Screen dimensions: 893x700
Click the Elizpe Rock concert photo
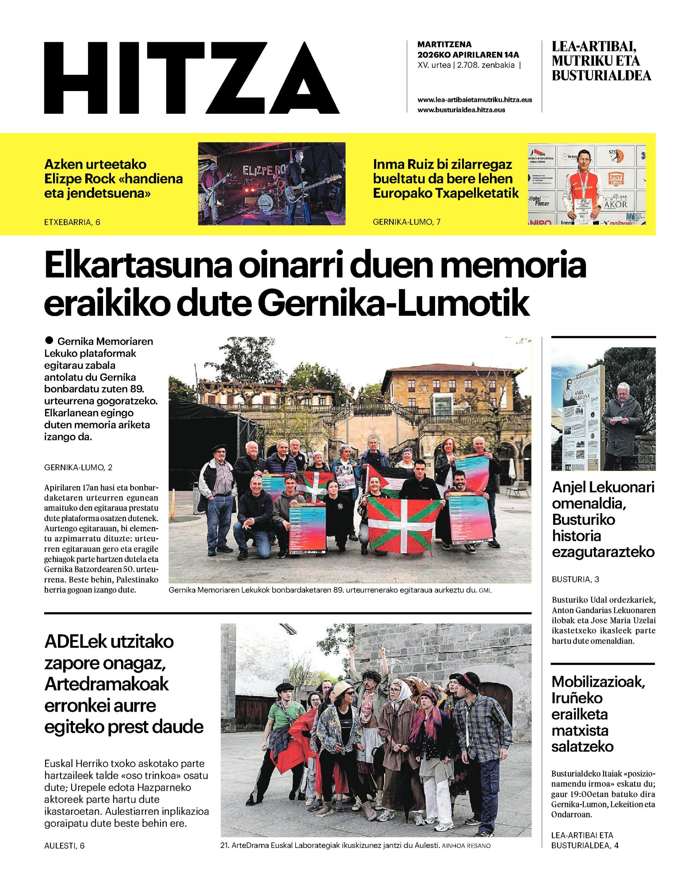[x=271, y=183]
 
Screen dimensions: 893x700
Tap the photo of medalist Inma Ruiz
[x=586, y=183]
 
